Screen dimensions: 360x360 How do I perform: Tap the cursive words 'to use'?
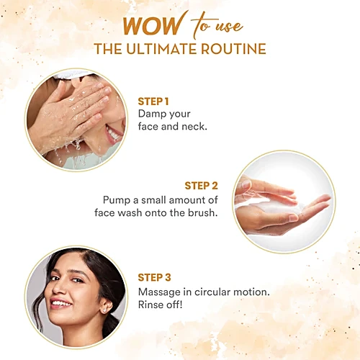coord(217,26)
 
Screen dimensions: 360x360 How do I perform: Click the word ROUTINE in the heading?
coord(233,49)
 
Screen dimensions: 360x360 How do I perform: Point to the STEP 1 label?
coord(153,102)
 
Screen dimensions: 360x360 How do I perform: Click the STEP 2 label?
coord(201,186)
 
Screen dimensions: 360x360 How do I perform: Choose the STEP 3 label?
coord(154,277)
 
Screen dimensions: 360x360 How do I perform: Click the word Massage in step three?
coord(159,292)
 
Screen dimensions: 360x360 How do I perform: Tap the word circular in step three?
coord(212,292)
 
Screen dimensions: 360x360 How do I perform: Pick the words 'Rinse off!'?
coord(160,305)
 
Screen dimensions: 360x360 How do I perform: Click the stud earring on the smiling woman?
coord(104,310)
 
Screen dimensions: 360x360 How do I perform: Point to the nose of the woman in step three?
coord(59,289)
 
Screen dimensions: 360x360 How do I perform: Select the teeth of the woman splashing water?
coord(114,133)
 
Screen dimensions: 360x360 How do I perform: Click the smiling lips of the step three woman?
coord(60,304)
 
